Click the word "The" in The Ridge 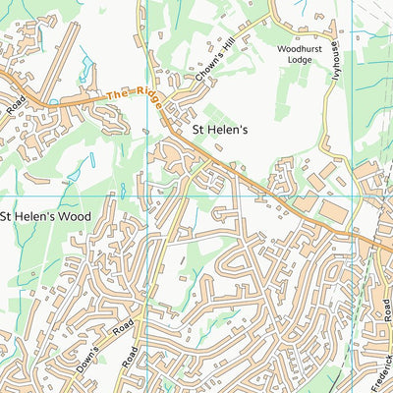click(117, 93)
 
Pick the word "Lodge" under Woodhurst click(299, 59)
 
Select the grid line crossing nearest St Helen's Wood click(147, 196)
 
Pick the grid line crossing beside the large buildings click(353, 196)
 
